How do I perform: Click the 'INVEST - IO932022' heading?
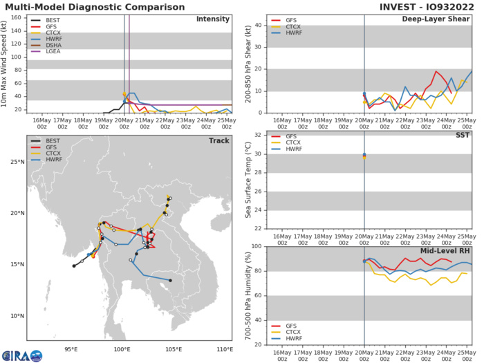click(428, 7)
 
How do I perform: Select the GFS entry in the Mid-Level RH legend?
click(283, 324)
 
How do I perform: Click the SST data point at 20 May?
click(364, 156)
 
